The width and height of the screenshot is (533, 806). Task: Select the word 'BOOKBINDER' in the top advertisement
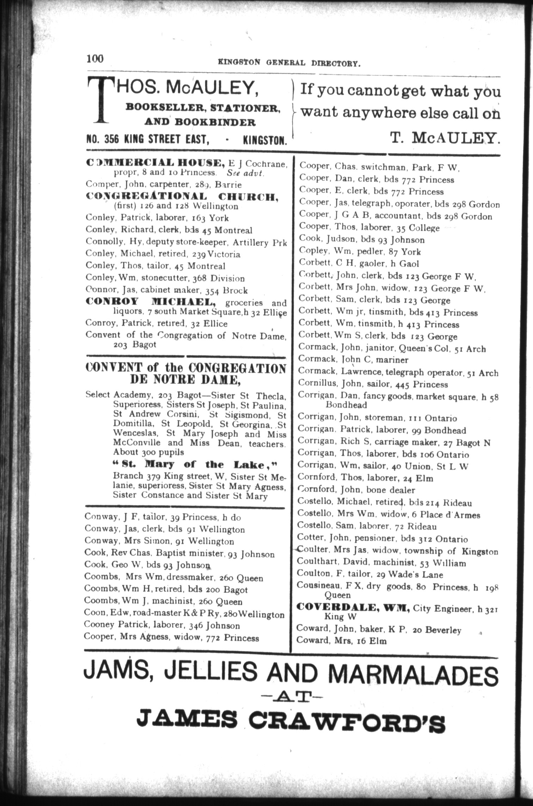click(x=215, y=123)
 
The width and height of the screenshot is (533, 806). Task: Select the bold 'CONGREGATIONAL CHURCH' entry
click(x=182, y=197)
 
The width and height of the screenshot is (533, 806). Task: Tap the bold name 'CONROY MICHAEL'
click(x=151, y=302)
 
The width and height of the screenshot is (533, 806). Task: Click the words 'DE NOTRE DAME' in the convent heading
click(x=185, y=380)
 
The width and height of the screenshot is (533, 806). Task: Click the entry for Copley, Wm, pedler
click(x=360, y=252)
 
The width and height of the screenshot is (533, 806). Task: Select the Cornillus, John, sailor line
click(x=373, y=384)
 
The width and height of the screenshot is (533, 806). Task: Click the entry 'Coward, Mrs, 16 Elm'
click(x=341, y=640)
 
